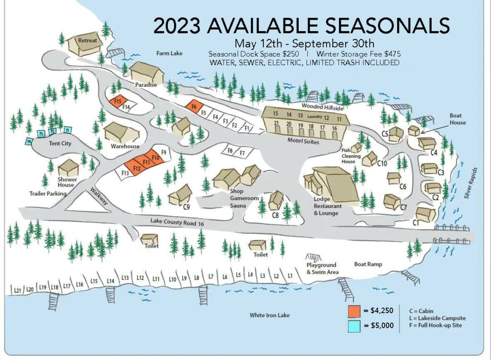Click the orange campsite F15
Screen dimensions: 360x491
pyautogui.click(x=117, y=102)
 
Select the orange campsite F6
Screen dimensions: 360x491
pyautogui.click(x=194, y=107)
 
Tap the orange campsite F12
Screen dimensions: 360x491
pyautogui.click(x=136, y=168)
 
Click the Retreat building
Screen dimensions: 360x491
pyautogui.click(x=85, y=44)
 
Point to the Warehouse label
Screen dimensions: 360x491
pyautogui.click(x=125, y=146)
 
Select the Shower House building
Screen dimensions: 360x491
pyautogui.click(x=68, y=168)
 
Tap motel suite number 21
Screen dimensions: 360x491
pyautogui.click(x=276, y=124)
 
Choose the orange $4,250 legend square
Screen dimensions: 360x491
pyautogui.click(x=354, y=311)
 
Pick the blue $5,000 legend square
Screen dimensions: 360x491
pyautogui.click(x=354, y=325)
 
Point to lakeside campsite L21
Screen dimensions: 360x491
pyautogui.click(x=17, y=290)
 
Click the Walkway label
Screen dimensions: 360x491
pyautogui.click(x=99, y=197)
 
